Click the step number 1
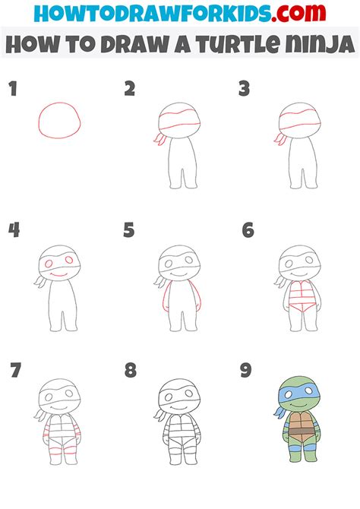(13, 89)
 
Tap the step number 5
(129, 230)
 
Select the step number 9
(245, 371)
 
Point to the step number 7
(16, 371)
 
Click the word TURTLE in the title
(238, 44)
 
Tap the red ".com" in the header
(298, 13)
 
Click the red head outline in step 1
(59, 103)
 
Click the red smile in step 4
(59, 276)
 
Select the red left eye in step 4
(49, 264)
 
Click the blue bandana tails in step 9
(279, 413)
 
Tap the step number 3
(244, 89)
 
